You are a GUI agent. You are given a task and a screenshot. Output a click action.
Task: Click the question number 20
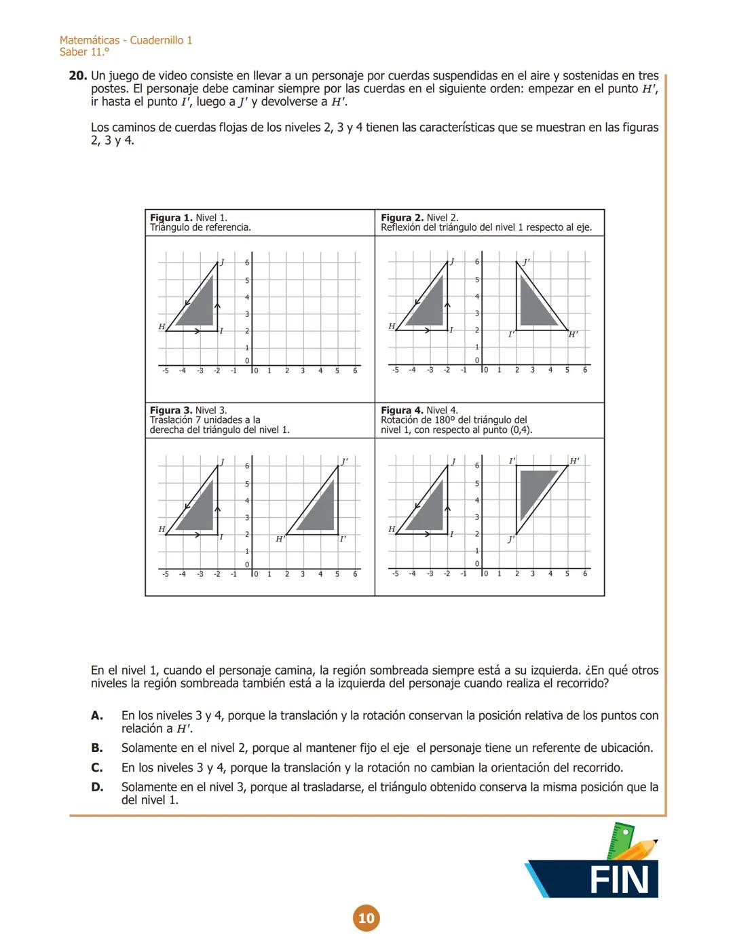click(77, 76)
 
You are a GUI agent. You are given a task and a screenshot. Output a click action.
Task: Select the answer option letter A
click(97, 715)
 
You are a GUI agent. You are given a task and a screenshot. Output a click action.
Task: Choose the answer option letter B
click(97, 748)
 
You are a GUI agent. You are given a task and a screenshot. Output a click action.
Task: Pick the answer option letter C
click(97, 767)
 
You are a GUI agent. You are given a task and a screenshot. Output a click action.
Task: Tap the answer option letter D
click(97, 787)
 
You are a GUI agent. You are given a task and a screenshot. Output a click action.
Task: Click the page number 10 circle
click(366, 918)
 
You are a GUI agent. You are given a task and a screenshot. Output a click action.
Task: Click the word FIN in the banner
click(620, 880)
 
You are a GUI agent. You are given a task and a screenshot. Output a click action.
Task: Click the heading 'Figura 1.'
click(171, 218)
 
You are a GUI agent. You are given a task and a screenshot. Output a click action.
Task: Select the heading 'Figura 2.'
click(402, 218)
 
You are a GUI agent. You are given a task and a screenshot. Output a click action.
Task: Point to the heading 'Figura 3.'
click(171, 411)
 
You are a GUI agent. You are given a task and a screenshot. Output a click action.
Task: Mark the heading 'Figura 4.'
click(402, 411)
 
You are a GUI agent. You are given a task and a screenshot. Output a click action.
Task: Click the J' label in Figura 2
click(526, 262)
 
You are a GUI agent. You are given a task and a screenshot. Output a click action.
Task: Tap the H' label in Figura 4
click(574, 461)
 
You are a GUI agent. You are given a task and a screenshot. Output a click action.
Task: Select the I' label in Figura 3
click(343, 539)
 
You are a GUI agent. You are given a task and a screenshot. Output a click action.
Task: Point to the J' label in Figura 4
click(511, 539)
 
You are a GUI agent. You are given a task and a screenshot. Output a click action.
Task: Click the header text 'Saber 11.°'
click(84, 52)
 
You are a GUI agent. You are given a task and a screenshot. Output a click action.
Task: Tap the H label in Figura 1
click(162, 326)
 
